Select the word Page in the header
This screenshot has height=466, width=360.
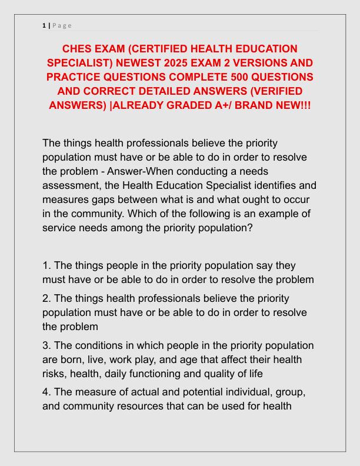(62, 25)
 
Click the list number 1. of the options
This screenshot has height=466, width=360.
(47, 265)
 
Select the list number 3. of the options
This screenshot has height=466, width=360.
(47, 345)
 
